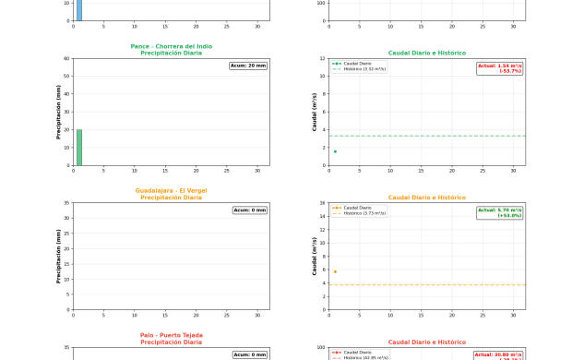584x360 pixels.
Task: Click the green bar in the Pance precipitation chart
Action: click(x=79, y=148)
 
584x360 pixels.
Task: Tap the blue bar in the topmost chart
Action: click(x=79, y=10)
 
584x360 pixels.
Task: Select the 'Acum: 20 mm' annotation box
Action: click(x=248, y=66)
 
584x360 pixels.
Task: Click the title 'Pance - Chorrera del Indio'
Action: click(x=171, y=46)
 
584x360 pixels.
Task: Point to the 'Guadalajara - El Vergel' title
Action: click(x=171, y=191)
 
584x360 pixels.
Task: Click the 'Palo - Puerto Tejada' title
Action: click(x=171, y=336)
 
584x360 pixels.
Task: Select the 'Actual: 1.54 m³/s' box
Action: click(x=500, y=68)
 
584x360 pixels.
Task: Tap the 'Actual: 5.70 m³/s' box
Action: click(x=500, y=212)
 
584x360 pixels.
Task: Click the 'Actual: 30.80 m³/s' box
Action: click(x=499, y=355)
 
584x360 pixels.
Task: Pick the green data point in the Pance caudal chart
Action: click(x=335, y=151)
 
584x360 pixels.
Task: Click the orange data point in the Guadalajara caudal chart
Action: click(x=335, y=271)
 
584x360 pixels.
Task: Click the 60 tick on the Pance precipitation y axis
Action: click(x=66, y=58)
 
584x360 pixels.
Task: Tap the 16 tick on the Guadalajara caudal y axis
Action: click(x=322, y=203)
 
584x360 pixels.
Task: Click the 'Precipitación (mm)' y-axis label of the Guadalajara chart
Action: click(x=59, y=257)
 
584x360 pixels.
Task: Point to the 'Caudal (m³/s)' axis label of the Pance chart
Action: click(x=315, y=112)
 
